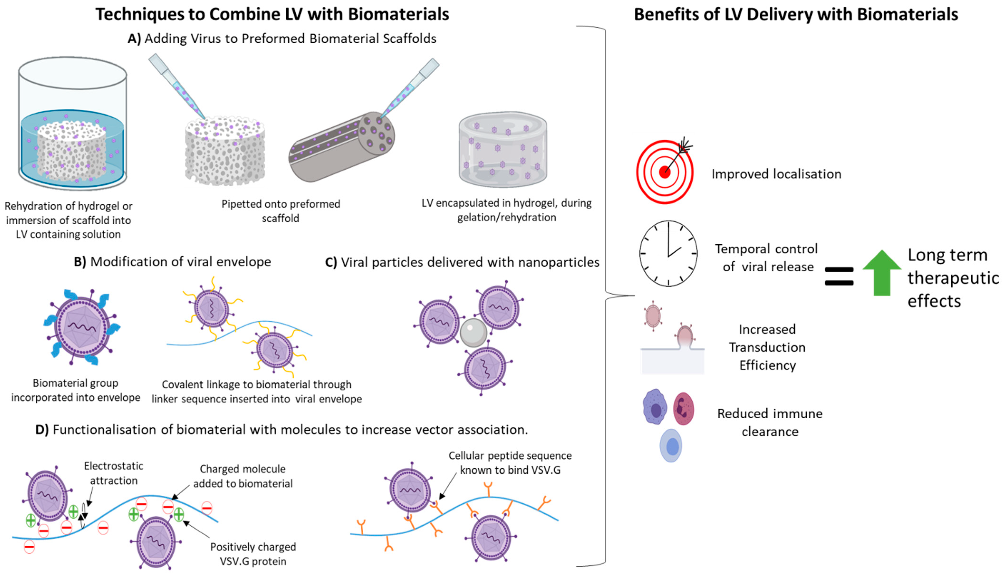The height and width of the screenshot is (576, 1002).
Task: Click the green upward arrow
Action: point(882,273)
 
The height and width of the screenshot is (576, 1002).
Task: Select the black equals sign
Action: point(839,276)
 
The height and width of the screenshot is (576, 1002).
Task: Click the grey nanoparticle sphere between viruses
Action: point(473,333)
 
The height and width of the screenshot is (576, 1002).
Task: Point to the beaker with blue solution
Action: point(72,123)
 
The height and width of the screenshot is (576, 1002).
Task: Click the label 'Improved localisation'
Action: point(776,174)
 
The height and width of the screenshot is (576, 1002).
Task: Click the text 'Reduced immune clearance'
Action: point(770,422)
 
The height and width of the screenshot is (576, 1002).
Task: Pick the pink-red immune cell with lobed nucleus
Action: point(683,409)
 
